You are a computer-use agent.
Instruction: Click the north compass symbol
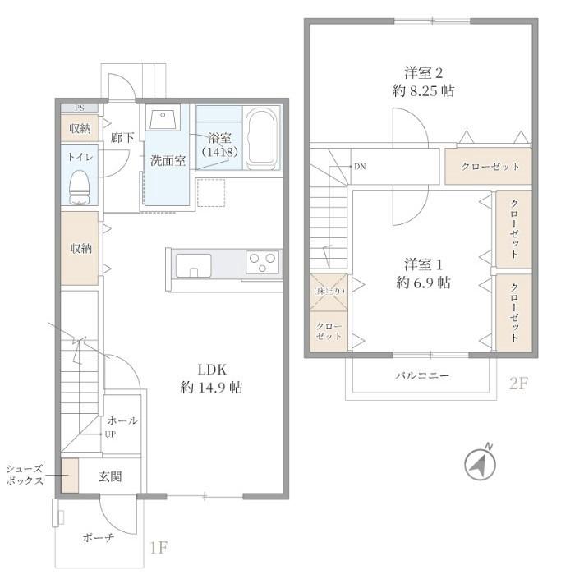tap(481, 464)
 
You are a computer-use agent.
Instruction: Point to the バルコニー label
tap(422, 375)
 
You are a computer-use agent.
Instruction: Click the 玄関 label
tap(110, 476)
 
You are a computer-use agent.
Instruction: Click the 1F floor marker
tap(158, 548)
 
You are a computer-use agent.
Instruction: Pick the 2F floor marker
tap(517, 383)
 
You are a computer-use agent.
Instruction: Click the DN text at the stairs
tap(359, 167)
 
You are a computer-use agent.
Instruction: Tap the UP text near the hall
tap(108, 434)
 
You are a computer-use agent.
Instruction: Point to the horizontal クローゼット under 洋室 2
tap(490, 167)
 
